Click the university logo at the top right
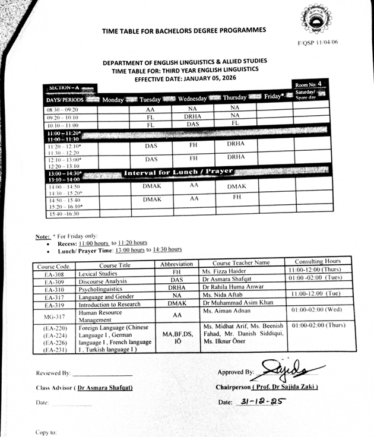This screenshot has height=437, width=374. click(x=316, y=20)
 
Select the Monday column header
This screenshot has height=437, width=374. click(x=113, y=100)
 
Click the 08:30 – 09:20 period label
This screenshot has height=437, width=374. click(x=62, y=109)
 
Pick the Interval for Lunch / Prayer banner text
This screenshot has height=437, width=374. click(x=178, y=172)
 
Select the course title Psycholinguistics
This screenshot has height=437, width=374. click(x=102, y=289)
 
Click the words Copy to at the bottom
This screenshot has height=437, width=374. click(x=46, y=432)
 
